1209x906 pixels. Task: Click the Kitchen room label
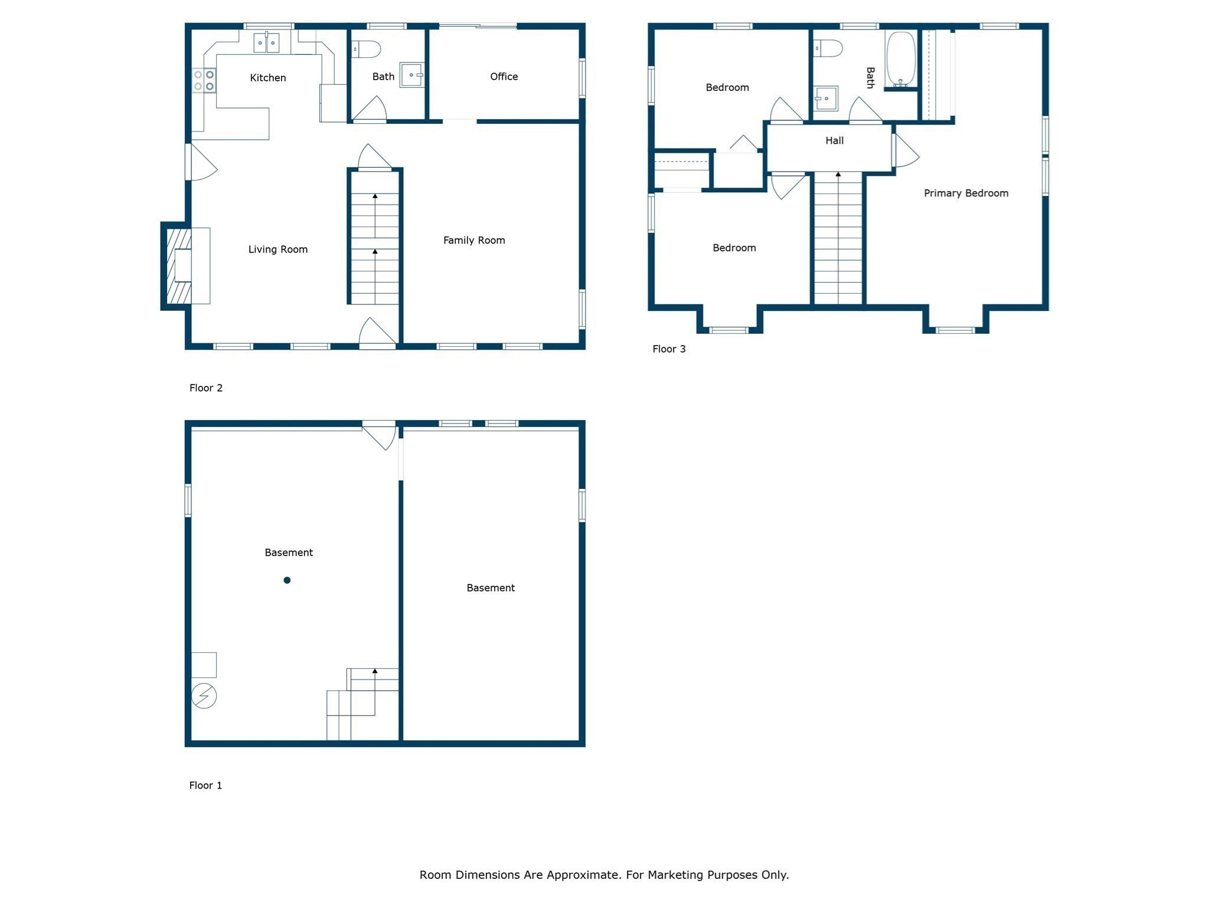(267, 78)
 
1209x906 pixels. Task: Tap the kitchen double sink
(266, 43)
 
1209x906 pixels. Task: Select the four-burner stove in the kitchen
(204, 80)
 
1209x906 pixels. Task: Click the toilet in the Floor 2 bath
(365, 49)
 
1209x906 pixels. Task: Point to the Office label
(504, 77)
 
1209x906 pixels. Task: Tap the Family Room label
(474, 240)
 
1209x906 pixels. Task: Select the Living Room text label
(277, 250)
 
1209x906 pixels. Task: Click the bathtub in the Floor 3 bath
(901, 59)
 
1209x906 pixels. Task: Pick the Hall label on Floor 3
(834, 140)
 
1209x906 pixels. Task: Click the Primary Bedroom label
(966, 193)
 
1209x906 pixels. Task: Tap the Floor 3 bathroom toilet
(828, 48)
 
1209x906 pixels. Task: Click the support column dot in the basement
(287, 580)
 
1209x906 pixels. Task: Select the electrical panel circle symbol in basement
(204, 696)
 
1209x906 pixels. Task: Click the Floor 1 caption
(205, 785)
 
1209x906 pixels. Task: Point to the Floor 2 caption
(205, 388)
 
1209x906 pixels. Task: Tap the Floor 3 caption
(669, 349)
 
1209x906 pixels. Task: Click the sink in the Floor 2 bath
(412, 75)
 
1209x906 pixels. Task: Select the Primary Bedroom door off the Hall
(905, 151)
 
